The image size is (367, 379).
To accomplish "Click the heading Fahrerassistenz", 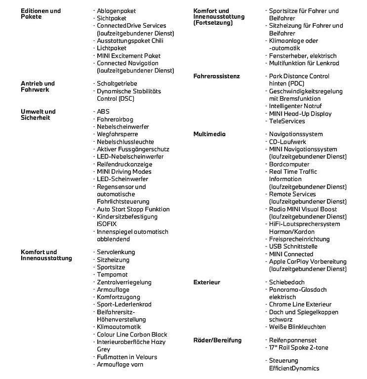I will [x=216, y=76].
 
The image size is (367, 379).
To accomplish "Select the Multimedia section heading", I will [x=209, y=134].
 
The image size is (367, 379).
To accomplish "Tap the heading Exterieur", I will [x=207, y=282].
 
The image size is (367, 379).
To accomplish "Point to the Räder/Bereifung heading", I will [x=217, y=341].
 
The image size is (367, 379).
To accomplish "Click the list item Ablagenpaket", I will [x=116, y=10].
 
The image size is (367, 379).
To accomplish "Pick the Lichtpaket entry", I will [x=112, y=48].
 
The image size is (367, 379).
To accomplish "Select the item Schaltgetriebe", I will [x=117, y=84].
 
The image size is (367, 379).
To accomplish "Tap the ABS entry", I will [x=103, y=112].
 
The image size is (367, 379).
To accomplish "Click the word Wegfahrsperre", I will [x=118, y=134].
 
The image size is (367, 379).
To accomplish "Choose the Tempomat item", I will [x=112, y=275].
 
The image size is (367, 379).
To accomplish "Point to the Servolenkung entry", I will [x=116, y=252].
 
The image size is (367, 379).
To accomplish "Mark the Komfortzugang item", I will [x=118, y=297].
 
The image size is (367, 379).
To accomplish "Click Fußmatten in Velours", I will [x=127, y=357].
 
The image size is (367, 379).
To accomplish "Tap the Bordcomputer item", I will [x=289, y=164].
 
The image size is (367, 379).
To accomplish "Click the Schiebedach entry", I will [x=287, y=282].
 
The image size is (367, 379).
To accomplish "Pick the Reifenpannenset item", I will [x=292, y=341].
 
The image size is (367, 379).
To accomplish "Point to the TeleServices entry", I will [x=287, y=121].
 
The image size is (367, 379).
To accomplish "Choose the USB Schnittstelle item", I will [x=293, y=247].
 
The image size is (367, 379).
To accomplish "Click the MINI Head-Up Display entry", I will [x=300, y=114].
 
